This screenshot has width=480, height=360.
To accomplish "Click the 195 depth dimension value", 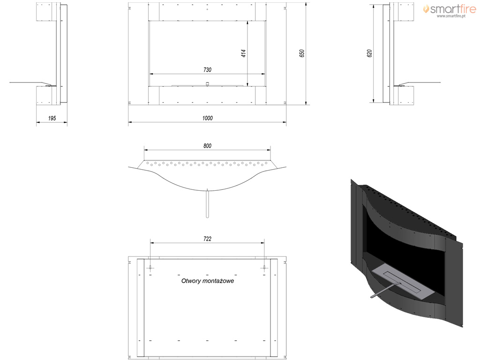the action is tap(52, 118).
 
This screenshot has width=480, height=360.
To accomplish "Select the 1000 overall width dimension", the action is tap(207, 118).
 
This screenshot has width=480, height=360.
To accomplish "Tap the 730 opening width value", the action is tap(207, 70).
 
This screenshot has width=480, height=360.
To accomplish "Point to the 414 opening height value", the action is tap(244, 53).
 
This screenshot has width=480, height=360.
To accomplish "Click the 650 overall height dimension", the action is tap(302, 53).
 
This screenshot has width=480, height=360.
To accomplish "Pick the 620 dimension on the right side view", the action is tap(369, 53).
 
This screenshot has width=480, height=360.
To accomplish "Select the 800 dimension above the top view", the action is tap(207, 146).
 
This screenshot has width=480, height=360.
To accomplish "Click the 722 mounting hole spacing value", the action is tap(207, 239).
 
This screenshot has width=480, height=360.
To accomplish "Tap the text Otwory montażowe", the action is tap(208, 281).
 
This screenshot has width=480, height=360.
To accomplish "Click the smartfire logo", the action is tap(450, 9).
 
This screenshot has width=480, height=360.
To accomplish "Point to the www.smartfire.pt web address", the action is tap(451, 16).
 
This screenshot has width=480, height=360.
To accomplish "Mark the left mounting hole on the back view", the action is tap(150, 268).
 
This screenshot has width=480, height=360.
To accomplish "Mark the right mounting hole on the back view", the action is tap(264, 268).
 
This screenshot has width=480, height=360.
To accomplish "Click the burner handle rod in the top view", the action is tap(207, 203).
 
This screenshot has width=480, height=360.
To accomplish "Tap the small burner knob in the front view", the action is tap(207, 83).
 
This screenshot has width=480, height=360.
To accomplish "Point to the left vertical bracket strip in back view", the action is tap(141, 308).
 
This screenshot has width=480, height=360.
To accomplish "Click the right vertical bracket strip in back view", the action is tap(274, 308).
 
